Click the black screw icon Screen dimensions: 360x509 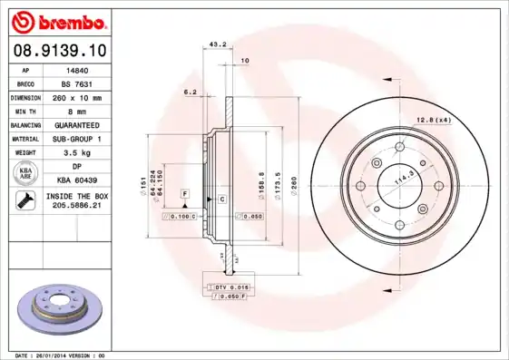pos(25,201)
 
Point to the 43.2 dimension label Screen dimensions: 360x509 pos(218,44)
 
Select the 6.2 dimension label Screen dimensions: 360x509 pos(191,92)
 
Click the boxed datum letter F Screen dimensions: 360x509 pos(184,194)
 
